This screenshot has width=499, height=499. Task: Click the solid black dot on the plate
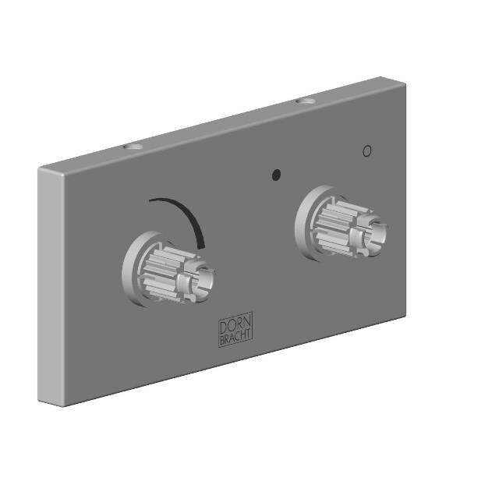276,175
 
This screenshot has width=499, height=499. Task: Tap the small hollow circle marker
367,150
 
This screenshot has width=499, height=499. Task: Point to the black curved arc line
189,213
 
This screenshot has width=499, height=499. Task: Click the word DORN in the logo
235,324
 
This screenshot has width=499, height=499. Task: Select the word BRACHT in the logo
235,338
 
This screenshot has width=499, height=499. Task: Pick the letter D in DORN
224,327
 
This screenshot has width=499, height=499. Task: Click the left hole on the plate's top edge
133,147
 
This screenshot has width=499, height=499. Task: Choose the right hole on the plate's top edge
306,101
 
